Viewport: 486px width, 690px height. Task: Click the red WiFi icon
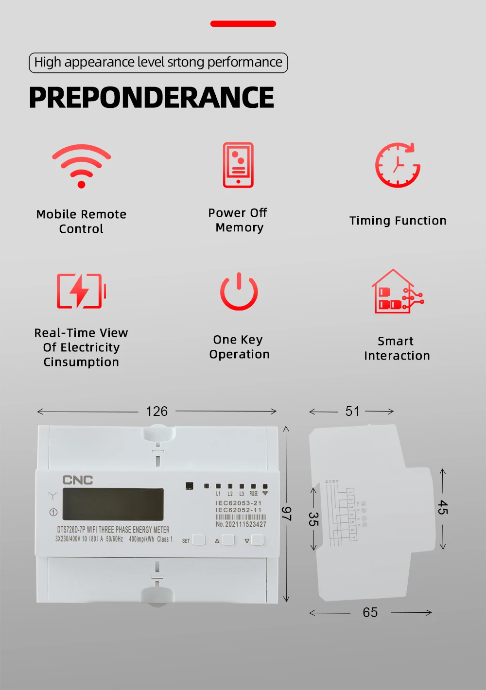82,166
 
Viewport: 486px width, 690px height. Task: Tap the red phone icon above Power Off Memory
238,165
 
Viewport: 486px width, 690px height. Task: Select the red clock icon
398,165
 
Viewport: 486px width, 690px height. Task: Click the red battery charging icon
81,291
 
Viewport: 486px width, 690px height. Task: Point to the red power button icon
239,292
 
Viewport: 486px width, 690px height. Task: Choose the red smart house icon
397,292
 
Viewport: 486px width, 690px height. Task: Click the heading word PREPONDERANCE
152,98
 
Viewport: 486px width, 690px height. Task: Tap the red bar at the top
243,24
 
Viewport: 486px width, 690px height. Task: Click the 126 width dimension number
156,412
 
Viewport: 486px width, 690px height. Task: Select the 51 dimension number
352,412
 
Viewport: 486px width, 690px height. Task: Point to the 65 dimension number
370,613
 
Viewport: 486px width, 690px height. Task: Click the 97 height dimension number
287,514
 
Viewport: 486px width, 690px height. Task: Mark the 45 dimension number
442,507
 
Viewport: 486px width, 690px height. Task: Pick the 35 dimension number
313,519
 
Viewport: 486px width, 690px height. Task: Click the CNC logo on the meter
78,480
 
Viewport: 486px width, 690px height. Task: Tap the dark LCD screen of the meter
113,504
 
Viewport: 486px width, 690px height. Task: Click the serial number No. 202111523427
241,524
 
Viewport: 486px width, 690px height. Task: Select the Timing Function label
398,221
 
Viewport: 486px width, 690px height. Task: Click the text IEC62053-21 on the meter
239,503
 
